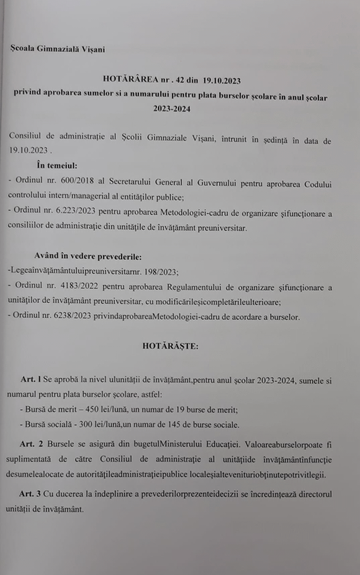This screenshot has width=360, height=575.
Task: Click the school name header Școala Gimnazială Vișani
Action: [x=57, y=48]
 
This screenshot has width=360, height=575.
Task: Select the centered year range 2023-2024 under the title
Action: [x=172, y=109]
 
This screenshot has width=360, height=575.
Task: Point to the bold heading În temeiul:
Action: [x=57, y=165]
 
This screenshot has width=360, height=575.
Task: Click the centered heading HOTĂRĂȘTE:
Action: [x=170, y=346]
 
